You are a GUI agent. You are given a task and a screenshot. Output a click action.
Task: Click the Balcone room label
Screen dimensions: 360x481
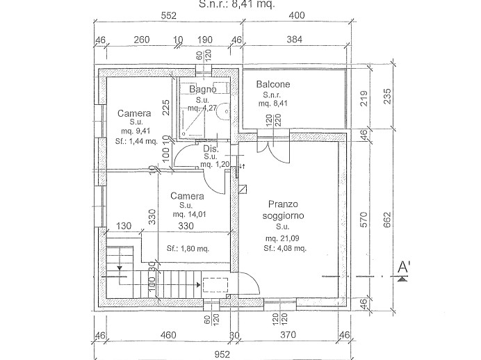tap(273, 84)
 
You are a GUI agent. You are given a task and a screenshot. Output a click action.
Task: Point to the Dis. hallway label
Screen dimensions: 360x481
tap(211, 149)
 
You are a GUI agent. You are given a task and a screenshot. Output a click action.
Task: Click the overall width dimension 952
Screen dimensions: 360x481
tap(222, 354)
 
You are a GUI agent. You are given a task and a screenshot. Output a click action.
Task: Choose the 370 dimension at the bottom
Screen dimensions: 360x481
tap(288, 335)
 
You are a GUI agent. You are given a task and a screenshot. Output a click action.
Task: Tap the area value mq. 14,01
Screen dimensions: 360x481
tap(186, 215)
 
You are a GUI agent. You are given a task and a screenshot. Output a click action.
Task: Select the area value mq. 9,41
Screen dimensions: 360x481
tap(133, 130)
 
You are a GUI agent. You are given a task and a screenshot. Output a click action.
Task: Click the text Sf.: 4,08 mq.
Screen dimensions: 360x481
tap(286, 247)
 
